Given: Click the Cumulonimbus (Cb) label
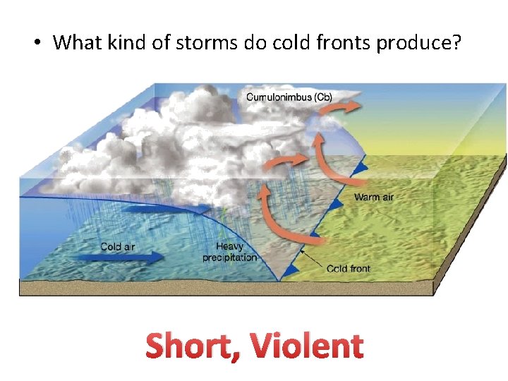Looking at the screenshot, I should click(296, 96).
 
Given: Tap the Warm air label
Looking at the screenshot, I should click(373, 197).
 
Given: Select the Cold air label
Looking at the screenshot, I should click(118, 246).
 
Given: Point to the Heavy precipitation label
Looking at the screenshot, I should click(230, 252).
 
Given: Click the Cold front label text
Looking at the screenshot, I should click(349, 269).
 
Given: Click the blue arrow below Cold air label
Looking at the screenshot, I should click(120, 259).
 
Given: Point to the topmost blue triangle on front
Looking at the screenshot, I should click(362, 167).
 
